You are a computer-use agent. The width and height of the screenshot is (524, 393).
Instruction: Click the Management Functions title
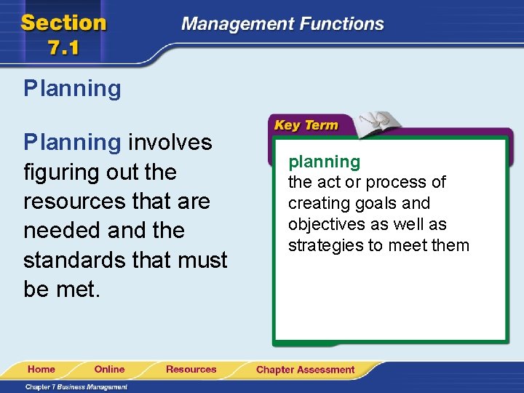pos(282,24)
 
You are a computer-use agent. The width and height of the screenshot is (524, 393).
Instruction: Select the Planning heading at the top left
pos(72,89)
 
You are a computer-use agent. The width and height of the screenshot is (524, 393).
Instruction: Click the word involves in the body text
pos(170,142)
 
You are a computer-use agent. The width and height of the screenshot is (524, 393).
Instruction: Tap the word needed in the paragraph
pos(62,231)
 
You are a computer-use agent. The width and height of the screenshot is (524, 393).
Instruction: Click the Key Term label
pos(306,125)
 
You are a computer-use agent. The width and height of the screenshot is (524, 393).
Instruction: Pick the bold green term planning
pos(324,161)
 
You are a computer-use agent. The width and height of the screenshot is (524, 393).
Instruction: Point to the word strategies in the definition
pos(325,245)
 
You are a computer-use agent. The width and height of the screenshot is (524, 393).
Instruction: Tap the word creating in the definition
pos(317,203)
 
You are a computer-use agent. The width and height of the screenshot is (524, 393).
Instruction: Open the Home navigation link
pos(41,369)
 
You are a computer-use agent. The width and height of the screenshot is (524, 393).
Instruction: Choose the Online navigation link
pos(109,369)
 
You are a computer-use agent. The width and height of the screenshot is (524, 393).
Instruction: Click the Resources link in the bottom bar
pos(191,369)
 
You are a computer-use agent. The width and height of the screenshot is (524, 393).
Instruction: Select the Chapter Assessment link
pos(305,370)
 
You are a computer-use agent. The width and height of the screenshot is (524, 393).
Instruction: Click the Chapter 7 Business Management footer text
pos(76,386)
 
